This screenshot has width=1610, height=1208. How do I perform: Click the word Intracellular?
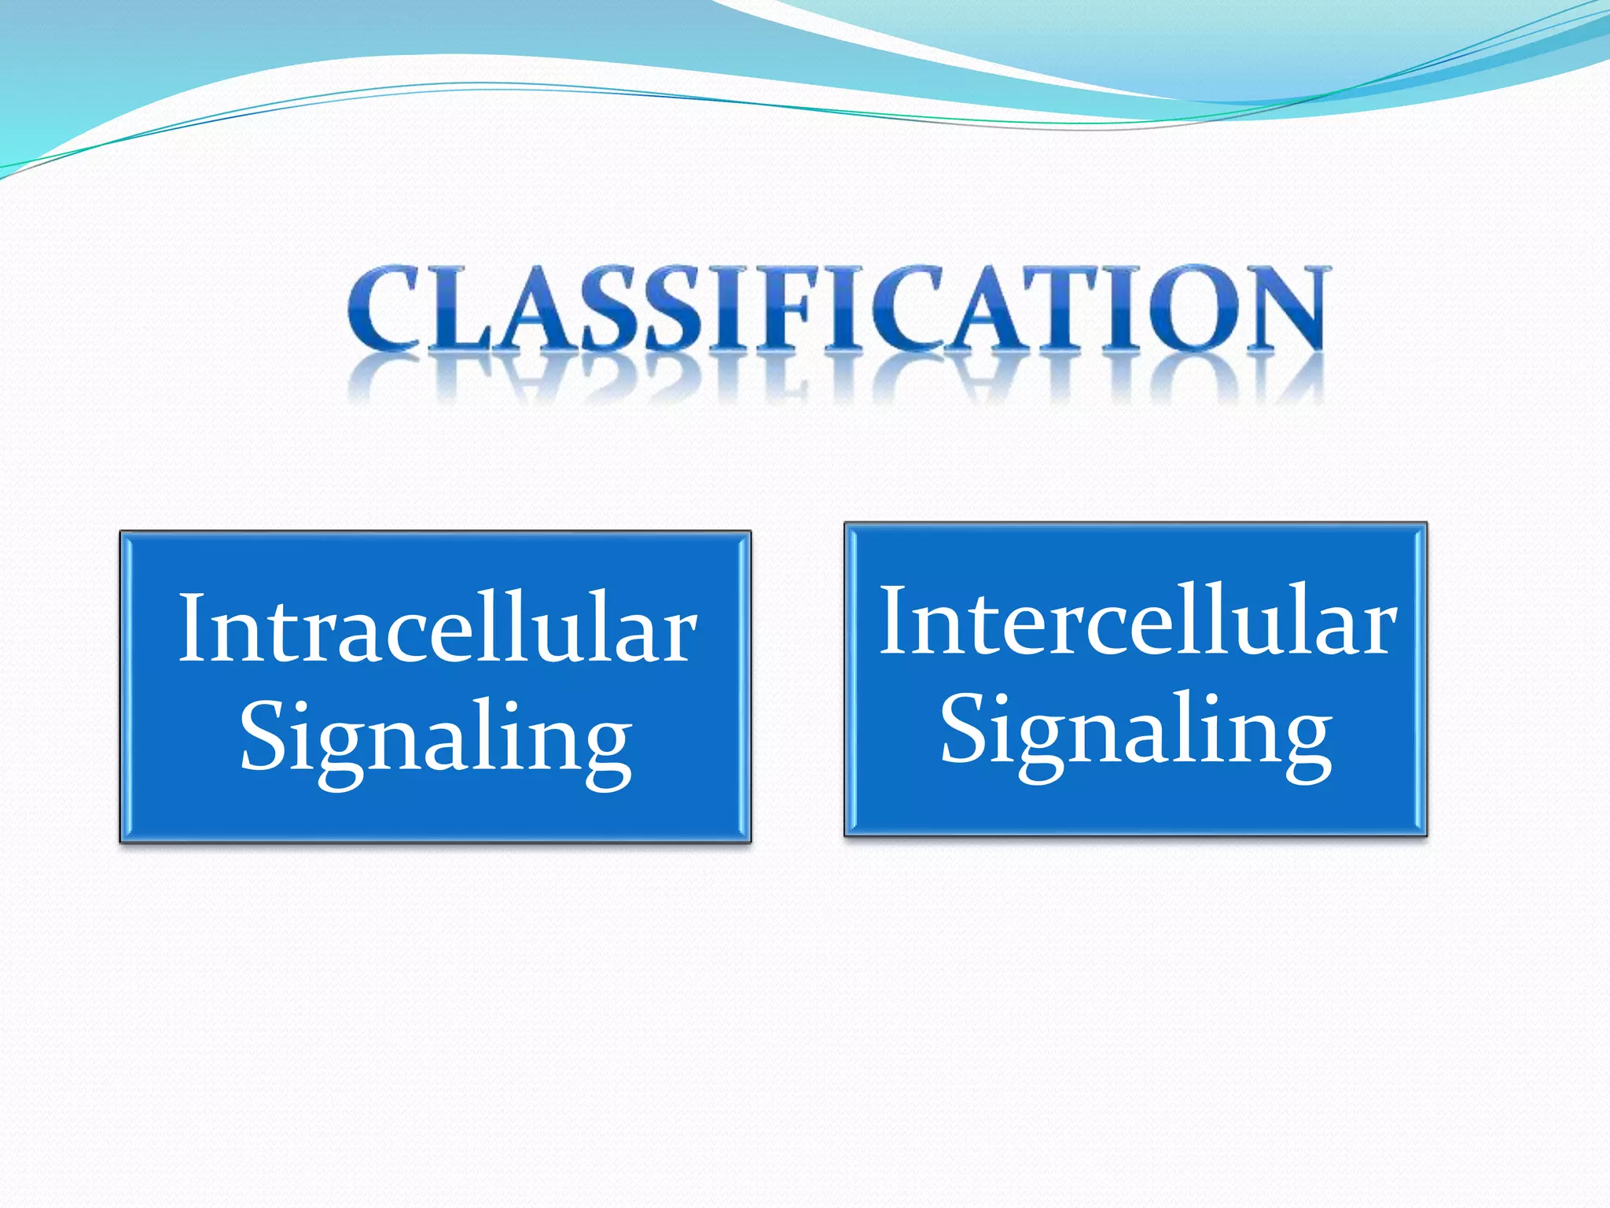(x=437, y=629)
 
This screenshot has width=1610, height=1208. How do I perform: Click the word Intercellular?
(x=1137, y=621)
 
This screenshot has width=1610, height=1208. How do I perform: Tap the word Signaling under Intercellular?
(x=1135, y=731)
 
